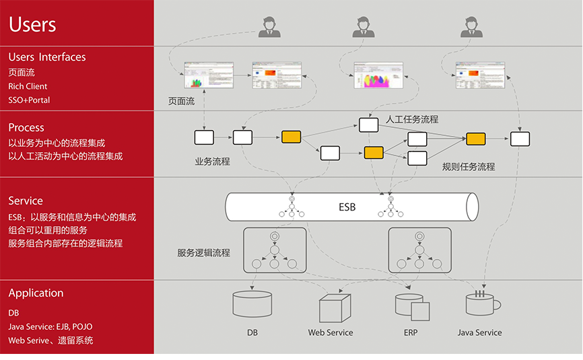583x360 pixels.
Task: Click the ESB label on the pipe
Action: (347, 207)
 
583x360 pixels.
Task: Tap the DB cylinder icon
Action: (252, 304)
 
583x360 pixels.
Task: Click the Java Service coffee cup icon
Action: (482, 303)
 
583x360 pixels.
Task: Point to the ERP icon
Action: (411, 307)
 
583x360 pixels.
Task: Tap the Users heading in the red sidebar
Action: (32, 25)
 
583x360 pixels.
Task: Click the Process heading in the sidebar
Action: (26, 127)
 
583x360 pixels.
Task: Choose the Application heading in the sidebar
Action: (36, 293)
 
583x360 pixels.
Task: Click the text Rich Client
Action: (28, 86)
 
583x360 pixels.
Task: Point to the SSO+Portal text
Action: (29, 100)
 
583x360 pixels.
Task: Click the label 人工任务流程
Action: (412, 119)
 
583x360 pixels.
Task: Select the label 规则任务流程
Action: (469, 166)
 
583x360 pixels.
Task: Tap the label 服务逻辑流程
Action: (203, 253)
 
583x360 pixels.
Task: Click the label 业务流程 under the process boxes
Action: (212, 161)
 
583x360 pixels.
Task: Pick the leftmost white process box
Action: (204, 138)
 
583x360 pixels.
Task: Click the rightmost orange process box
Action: (476, 139)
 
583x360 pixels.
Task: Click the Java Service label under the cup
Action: (479, 332)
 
